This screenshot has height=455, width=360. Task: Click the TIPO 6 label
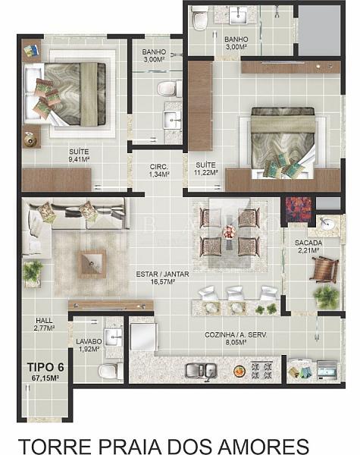45,367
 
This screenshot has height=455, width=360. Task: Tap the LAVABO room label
89,342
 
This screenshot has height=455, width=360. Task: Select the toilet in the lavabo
110,371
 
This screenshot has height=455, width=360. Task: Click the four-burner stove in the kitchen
262,370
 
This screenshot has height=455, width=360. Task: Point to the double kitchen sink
201,371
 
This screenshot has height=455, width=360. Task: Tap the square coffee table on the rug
92,264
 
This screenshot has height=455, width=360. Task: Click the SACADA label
308,243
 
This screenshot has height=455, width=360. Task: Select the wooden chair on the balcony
325,270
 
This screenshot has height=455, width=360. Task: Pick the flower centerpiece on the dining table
230,233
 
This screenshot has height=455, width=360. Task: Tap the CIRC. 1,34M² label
159,171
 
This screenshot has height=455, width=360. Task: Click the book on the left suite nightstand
31,51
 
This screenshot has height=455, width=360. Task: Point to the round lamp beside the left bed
30,140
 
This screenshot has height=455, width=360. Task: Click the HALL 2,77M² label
44,324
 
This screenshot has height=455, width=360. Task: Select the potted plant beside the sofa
33,271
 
